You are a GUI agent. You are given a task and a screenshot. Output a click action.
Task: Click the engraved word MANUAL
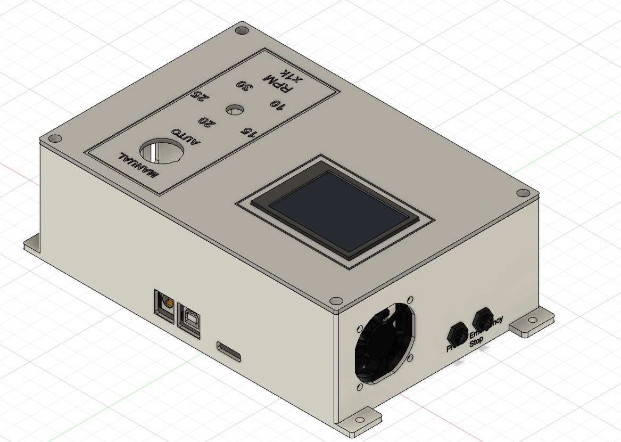(139, 166)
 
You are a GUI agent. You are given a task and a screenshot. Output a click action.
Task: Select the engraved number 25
(201, 96)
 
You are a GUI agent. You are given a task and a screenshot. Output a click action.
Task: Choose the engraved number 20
(208, 122)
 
